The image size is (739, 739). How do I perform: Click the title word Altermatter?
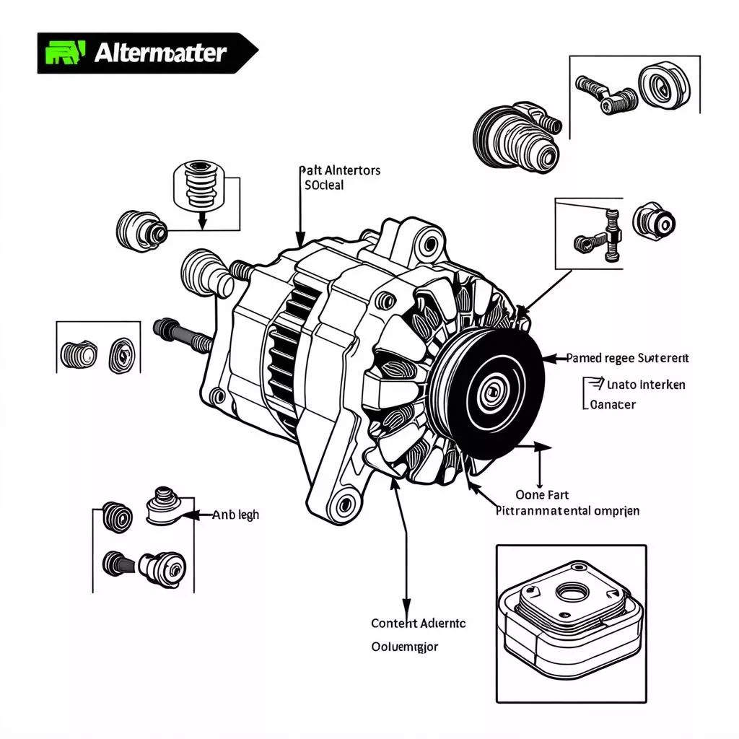(160, 53)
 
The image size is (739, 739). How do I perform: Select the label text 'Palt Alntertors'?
(340, 170)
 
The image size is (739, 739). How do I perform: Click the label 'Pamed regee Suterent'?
(627, 357)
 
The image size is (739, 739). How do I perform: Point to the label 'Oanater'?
(613, 404)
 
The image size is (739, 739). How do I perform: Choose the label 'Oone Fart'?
(542, 494)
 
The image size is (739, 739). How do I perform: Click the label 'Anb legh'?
(236, 515)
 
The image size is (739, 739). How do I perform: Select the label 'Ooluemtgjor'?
(404, 647)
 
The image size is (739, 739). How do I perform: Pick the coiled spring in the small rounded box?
(196, 184)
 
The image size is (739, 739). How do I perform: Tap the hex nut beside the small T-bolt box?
(654, 220)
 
